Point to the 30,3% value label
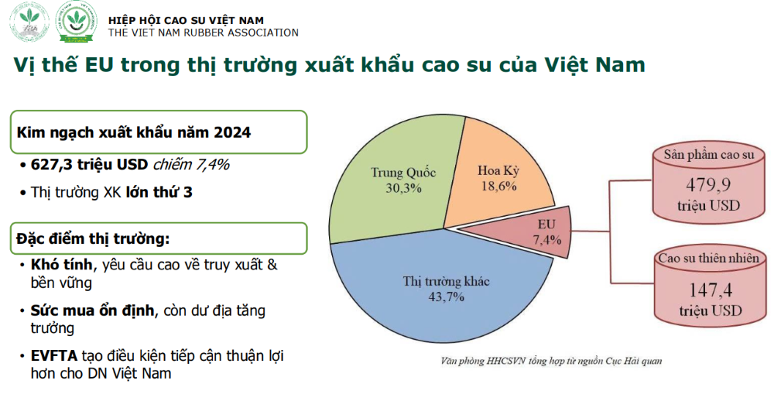click(403, 188)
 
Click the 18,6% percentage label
click(498, 187)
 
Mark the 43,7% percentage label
click(446, 297)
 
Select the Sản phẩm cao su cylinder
click(709, 182)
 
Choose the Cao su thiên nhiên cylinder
click(710, 286)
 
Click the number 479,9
click(708, 185)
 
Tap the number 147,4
click(711, 290)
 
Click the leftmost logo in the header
click(29, 22)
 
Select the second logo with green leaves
click(76, 22)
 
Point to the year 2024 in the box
click(232, 132)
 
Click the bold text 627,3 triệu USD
click(89, 164)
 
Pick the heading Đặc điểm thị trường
click(94, 238)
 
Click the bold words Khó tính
click(61, 265)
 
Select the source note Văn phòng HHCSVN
click(551, 361)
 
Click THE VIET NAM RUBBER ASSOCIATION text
click(204, 33)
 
